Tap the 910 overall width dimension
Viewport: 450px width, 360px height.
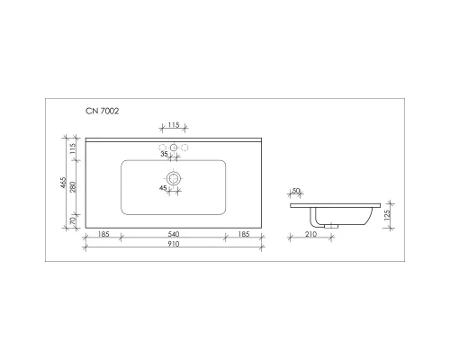(x=174, y=244)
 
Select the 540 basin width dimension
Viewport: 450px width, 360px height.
(x=174, y=234)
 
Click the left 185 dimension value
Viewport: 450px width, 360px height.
(x=103, y=234)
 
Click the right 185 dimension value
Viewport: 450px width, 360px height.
(x=244, y=234)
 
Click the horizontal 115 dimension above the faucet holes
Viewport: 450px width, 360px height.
(x=174, y=125)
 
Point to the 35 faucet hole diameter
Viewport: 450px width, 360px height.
(x=165, y=155)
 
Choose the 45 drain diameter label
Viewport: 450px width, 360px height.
(x=164, y=188)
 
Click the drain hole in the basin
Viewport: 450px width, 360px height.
(x=175, y=179)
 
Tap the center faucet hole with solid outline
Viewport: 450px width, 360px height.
(x=174, y=148)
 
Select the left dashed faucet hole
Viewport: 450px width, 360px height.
(x=163, y=148)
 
